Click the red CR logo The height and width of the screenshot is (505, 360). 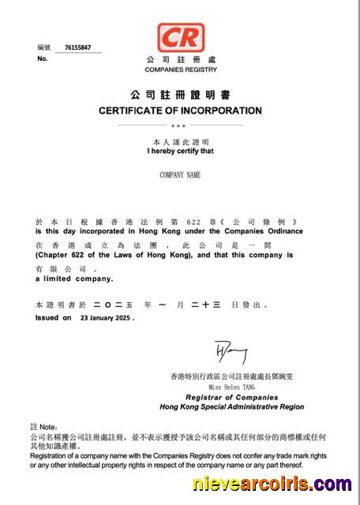[x=180, y=37]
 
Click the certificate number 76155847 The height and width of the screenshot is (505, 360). [x=77, y=47]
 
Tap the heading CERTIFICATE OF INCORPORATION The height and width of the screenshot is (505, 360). [x=180, y=110]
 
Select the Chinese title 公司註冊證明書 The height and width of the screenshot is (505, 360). [x=180, y=94]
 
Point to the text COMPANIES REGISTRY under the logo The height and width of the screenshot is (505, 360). [x=180, y=69]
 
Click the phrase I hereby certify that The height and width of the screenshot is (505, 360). [x=180, y=150]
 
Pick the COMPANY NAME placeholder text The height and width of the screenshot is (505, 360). [x=180, y=174]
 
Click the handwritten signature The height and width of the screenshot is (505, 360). [x=231, y=353]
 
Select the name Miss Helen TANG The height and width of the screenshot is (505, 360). [x=232, y=387]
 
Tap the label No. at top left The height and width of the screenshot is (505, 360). [x=42, y=58]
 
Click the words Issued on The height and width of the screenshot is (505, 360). [x=54, y=318]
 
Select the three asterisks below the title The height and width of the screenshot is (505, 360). [x=179, y=125]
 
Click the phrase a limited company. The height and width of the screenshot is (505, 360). [x=73, y=279]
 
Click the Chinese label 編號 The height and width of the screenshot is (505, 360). [x=43, y=47]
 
